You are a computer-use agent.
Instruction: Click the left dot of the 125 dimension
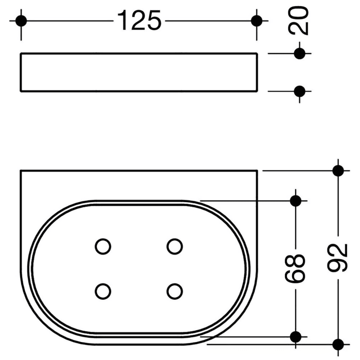coord(21,21)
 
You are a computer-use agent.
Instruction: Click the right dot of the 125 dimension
coord(257,21)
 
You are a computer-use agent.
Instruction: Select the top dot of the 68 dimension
coord(296,201)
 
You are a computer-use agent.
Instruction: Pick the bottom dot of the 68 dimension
coord(296,337)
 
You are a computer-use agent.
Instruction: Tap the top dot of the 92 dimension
coord(338,170)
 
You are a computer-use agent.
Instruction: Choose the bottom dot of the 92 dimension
coord(338,344)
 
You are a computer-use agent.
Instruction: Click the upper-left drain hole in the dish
coord(103,246)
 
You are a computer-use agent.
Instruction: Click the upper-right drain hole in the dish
coord(175,246)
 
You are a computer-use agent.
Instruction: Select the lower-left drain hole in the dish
coord(103,291)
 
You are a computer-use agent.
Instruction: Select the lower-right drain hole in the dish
coord(175,291)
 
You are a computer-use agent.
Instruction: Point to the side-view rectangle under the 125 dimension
coord(139,72)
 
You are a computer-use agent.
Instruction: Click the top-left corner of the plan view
coord(21,170)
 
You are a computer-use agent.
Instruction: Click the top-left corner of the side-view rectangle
coord(21,53)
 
